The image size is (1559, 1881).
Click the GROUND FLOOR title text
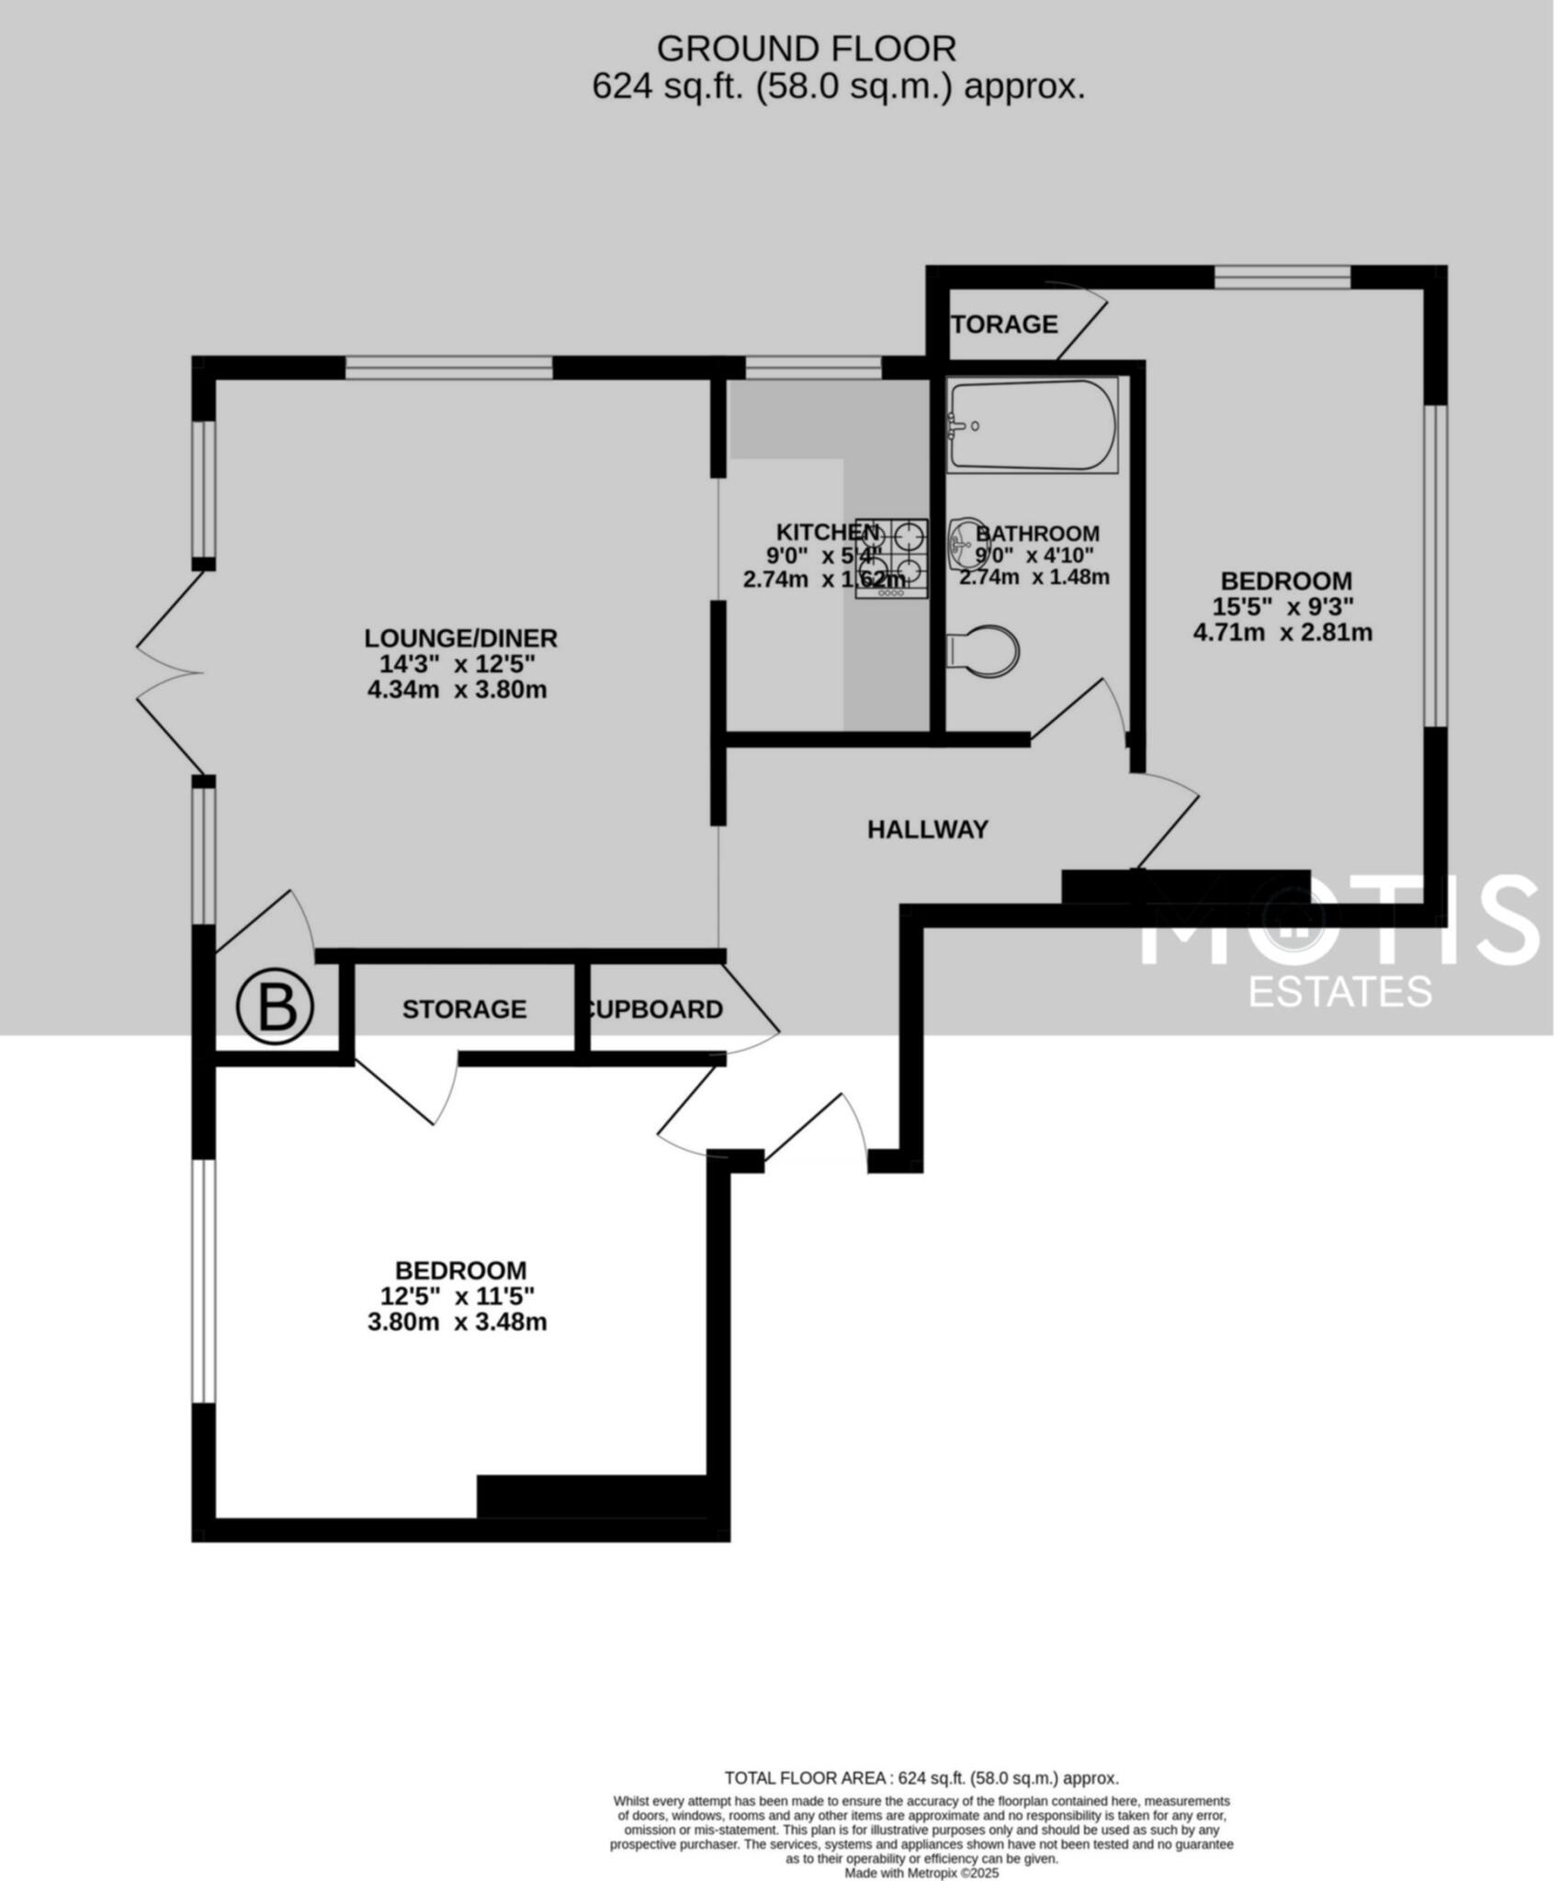tap(806, 48)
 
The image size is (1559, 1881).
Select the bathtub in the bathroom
tap(1032, 425)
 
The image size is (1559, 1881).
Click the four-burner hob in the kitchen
tap(891, 558)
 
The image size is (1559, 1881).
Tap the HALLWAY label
tap(927, 829)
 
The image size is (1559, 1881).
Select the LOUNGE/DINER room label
tap(460, 637)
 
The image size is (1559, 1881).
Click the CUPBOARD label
tap(655, 1009)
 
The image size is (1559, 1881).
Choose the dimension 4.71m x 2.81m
tap(1282, 633)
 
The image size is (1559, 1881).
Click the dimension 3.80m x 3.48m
tap(457, 1323)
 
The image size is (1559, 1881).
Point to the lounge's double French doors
tap(170, 673)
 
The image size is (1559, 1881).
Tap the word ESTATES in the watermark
tap(1339, 991)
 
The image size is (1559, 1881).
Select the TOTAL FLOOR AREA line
tap(921, 1778)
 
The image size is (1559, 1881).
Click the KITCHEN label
tap(827, 532)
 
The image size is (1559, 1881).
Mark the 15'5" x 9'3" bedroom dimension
tap(1283, 607)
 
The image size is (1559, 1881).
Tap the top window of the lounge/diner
tap(448, 368)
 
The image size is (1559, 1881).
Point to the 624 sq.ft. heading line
tap(838, 87)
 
